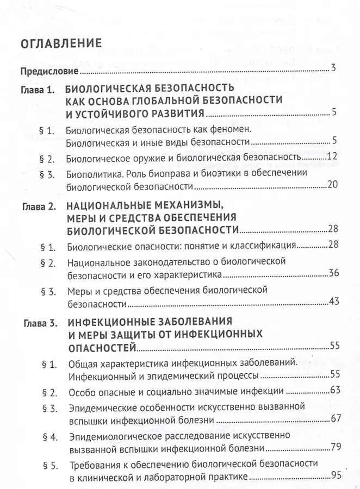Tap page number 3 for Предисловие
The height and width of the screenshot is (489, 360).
tap(334, 68)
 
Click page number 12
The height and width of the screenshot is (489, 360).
tap(333, 157)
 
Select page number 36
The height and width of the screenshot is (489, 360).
tap(333, 272)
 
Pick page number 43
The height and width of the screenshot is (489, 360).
tap(333, 302)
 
